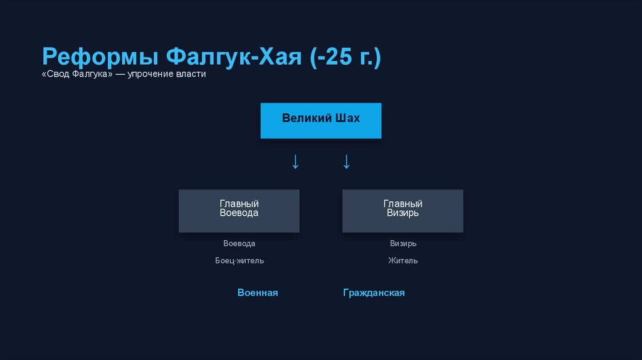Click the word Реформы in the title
tap(100, 58)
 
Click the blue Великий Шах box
tap(320, 120)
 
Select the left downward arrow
tap(295, 162)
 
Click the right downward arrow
tap(346, 162)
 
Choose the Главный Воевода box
tap(239, 211)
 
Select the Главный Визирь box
tap(403, 211)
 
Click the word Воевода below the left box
tap(239, 243)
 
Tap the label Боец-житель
tap(239, 260)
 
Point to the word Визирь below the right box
tap(403, 243)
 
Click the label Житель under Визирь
tap(403, 260)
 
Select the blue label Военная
tap(258, 293)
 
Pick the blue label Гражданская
tap(374, 293)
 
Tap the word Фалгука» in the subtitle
tap(92, 74)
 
